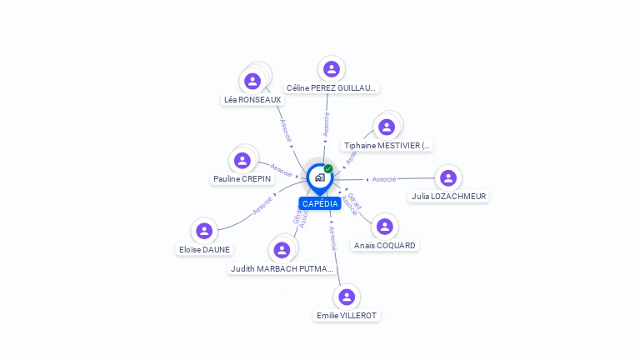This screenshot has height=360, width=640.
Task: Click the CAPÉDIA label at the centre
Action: (320, 203)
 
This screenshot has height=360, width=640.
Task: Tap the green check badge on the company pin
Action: (328, 169)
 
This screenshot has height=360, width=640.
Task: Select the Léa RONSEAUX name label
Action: (252, 99)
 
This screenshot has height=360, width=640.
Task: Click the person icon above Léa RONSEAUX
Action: (252, 81)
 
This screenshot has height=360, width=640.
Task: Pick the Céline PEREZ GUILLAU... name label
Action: (331, 87)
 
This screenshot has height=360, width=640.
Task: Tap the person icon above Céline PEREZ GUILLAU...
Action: (332, 69)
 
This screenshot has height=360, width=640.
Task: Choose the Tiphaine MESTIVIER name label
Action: (387, 145)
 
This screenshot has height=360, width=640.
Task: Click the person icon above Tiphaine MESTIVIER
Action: (386, 127)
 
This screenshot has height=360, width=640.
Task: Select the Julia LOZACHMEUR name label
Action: (448, 197)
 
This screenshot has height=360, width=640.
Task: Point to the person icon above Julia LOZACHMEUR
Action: (448, 178)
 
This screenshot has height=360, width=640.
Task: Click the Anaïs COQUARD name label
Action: (384, 245)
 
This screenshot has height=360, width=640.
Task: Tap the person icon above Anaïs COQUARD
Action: (384, 227)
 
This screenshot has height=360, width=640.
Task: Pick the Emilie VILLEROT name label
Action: (347, 315)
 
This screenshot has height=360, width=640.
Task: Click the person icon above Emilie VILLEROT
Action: (347, 297)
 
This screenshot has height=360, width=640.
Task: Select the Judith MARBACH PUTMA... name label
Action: (282, 268)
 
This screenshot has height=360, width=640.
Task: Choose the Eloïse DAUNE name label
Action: (204, 249)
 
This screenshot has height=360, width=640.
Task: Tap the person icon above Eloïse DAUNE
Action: (204, 231)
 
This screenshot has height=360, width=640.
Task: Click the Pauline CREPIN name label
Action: (242, 178)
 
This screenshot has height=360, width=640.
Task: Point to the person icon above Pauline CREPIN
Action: (242, 160)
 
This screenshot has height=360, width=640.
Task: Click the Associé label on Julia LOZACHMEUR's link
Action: (384, 179)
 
